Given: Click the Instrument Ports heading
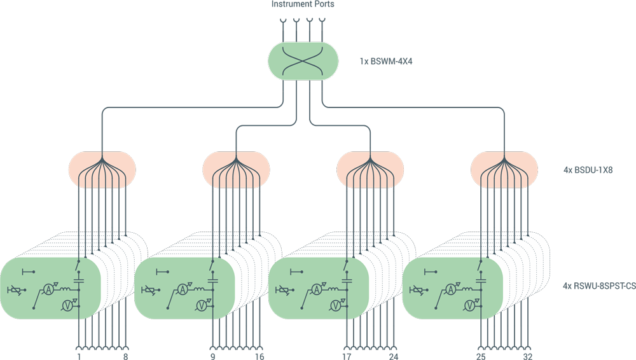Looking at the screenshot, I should tap(303, 4).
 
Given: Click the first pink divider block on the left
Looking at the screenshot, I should tap(102, 170).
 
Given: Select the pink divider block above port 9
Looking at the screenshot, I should tap(236, 170).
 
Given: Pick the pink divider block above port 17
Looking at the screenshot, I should tap(370, 170).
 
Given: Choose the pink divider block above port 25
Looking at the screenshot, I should tap(504, 170).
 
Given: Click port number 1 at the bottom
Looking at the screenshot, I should tap(79, 356).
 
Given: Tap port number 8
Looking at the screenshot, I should tap(126, 356).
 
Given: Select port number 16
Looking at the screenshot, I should tap(259, 356).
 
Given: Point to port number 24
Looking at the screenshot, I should tap(393, 356).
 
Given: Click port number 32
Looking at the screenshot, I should tap(527, 356).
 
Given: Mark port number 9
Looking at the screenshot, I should tap(212, 356).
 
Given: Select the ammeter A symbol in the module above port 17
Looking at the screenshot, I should tap(316, 289).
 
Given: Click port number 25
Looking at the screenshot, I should tap(481, 356).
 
